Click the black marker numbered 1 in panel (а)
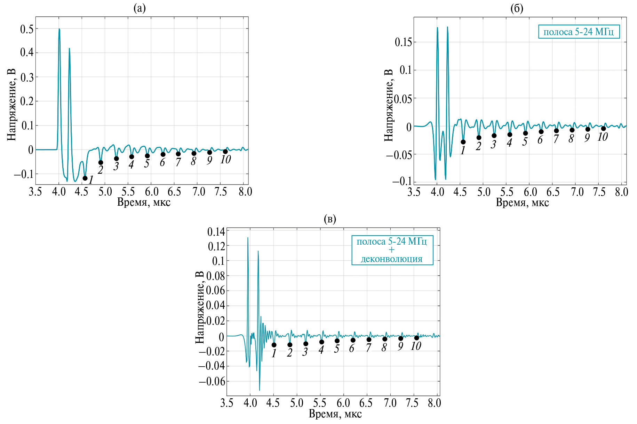pyautogui.click(x=85, y=178)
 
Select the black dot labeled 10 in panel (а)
pyautogui.click(x=225, y=152)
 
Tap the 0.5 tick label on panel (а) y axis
pyautogui.click(x=27, y=29)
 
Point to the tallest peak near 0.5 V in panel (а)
pyautogui.click(x=59, y=30)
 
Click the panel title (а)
pyautogui.click(x=140, y=8)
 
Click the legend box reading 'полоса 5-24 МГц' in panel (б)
pyautogui.click(x=579, y=32)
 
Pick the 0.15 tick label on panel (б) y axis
pyautogui.click(x=403, y=42)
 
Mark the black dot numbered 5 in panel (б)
pyautogui.click(x=525, y=133)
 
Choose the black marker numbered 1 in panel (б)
pyautogui.click(x=463, y=142)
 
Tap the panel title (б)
pyautogui.click(x=517, y=8)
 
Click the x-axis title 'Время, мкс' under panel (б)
pyautogui.click(x=522, y=203)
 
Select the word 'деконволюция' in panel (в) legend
pyautogui.click(x=392, y=259)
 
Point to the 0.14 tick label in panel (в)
pyautogui.click(x=216, y=232)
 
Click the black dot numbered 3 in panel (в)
pyautogui.click(x=305, y=344)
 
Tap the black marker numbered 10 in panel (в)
pyautogui.click(x=416, y=338)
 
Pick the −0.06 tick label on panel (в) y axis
pyautogui.click(x=212, y=382)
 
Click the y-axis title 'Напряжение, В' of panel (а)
pyautogui.click(x=11, y=105)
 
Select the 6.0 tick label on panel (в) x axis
pyautogui.click(x=343, y=403)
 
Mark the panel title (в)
pyautogui.click(x=329, y=219)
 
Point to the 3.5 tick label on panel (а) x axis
pyautogui.click(x=35, y=192)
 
